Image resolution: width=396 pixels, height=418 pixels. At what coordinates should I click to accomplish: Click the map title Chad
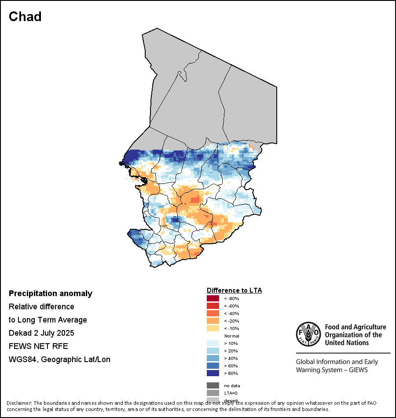point(25,17)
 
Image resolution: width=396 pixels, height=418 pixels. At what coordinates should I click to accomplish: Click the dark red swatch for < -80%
point(213,299)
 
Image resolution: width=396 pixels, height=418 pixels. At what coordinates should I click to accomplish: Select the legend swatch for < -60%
point(213,306)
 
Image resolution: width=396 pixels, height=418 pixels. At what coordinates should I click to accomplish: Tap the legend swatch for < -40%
point(213,314)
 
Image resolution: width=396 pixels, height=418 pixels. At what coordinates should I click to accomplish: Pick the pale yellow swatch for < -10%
point(213,329)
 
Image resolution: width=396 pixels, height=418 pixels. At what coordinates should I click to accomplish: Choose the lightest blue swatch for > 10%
point(213,344)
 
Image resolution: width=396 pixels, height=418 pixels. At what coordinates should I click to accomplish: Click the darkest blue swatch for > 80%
point(213,374)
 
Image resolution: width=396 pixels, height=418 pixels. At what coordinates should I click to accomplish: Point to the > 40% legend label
point(231,359)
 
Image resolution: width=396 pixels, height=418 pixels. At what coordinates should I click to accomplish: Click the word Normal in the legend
point(231,336)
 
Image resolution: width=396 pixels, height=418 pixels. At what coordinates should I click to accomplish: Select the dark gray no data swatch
point(213,386)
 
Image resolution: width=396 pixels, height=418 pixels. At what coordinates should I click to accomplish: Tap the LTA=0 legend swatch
point(213,393)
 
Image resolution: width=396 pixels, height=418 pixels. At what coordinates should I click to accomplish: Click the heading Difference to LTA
point(234,290)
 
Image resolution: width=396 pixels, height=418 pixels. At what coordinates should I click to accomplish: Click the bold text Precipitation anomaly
point(51,293)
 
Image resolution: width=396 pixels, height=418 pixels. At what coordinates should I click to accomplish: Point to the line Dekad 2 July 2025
point(41,333)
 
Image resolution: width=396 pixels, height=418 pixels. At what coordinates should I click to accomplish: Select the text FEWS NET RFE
point(38,346)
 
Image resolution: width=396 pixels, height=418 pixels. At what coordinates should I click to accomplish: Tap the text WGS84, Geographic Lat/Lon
point(59,359)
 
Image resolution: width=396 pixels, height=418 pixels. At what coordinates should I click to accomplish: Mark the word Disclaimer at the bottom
point(19,403)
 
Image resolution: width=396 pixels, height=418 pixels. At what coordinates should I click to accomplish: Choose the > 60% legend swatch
point(213,366)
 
